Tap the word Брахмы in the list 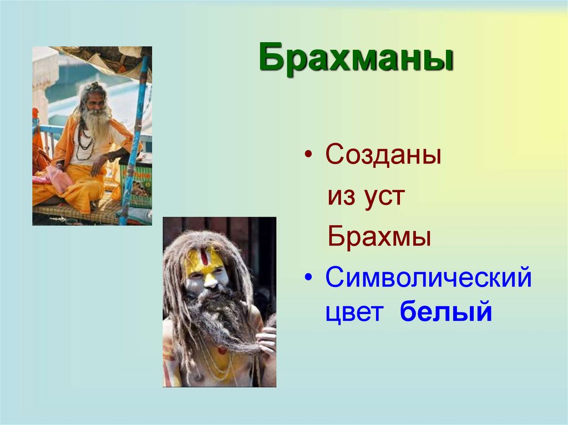point(379,237)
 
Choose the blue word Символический point(428,278)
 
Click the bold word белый point(446,312)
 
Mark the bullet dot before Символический point(309,279)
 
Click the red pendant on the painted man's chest point(222,351)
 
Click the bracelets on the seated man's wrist point(113,156)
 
